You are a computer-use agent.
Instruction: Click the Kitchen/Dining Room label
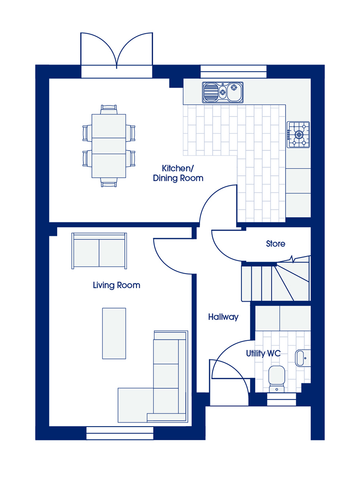pos(178,173)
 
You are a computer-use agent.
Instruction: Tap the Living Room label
pos(116,285)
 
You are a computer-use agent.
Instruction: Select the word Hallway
pos(223,317)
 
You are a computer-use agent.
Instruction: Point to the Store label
pos(276,244)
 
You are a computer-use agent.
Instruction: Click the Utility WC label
pos(263,354)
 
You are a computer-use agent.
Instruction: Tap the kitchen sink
pos(223,92)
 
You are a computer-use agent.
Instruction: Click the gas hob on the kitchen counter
pos(298,134)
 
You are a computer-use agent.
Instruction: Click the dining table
pos(109,146)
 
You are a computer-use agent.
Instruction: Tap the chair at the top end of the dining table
pos(109,109)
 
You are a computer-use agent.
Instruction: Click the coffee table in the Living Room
pos(114,334)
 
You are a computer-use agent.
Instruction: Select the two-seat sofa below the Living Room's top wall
pos(99,251)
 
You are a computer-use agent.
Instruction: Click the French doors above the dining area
pos(117,55)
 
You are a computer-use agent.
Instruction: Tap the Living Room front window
pos(120,433)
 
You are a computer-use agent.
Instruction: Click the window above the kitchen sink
pos(233,71)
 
